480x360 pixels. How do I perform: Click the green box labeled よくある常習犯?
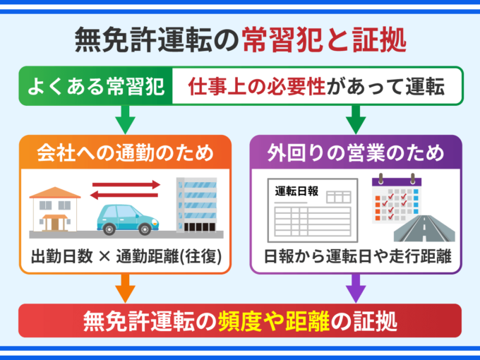(95, 87)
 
